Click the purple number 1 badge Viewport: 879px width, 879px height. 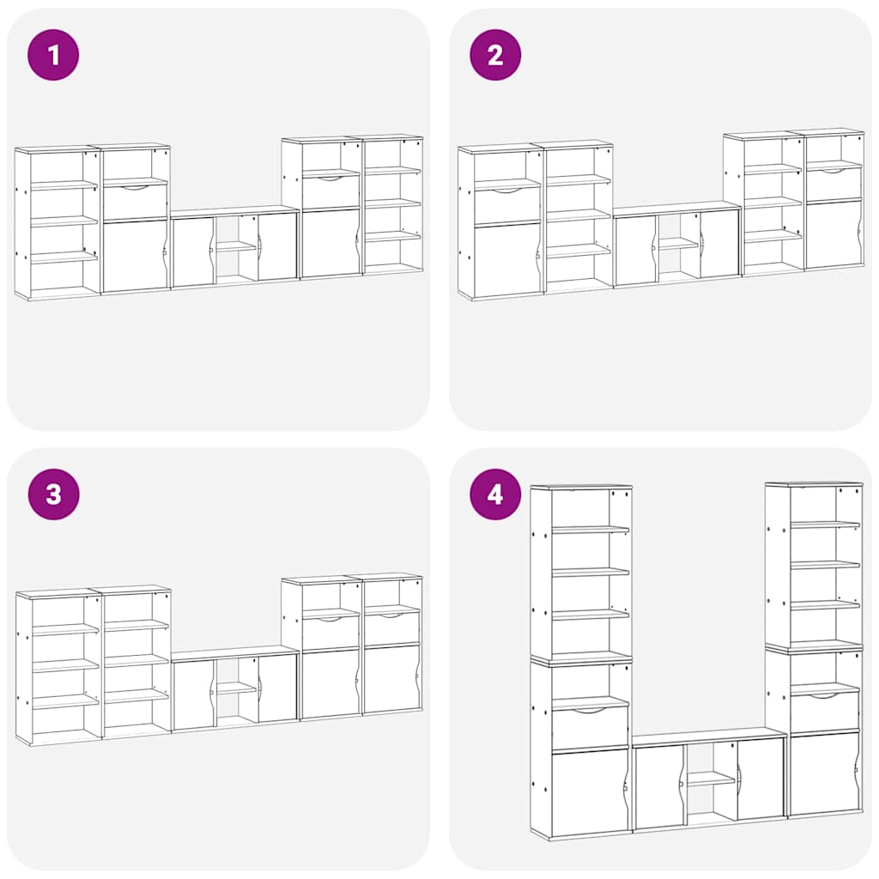[53, 55]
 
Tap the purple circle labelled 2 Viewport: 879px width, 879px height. [495, 55]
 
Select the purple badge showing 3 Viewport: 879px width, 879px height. [53, 494]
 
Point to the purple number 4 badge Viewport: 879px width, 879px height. [495, 494]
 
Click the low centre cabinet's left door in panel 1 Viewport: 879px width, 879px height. [193, 252]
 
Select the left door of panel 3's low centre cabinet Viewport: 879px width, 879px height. [194, 693]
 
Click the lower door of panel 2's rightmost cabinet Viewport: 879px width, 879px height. [833, 233]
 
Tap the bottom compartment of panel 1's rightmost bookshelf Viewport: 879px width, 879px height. [391, 255]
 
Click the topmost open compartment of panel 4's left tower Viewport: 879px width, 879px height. [581, 508]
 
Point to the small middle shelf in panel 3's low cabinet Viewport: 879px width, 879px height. [236, 688]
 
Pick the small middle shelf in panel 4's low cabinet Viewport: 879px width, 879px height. [711, 779]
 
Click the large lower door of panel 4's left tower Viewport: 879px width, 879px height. [590, 791]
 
